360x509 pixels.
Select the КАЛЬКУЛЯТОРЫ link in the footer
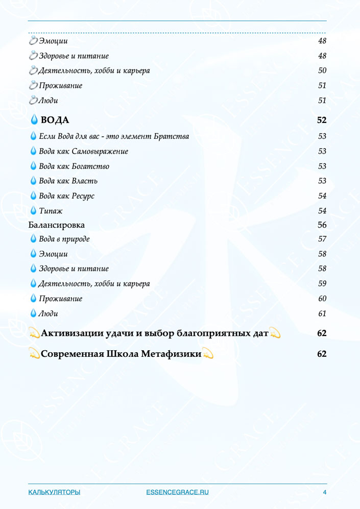54,492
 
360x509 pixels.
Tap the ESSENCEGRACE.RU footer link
177,492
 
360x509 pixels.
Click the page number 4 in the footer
324,492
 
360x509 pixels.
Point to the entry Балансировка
57,225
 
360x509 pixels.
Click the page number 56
322,225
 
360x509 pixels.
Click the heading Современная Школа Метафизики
121,353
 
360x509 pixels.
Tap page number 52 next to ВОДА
322,120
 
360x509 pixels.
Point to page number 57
322,239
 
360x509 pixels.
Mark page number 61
322,313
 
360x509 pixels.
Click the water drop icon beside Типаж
34,210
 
